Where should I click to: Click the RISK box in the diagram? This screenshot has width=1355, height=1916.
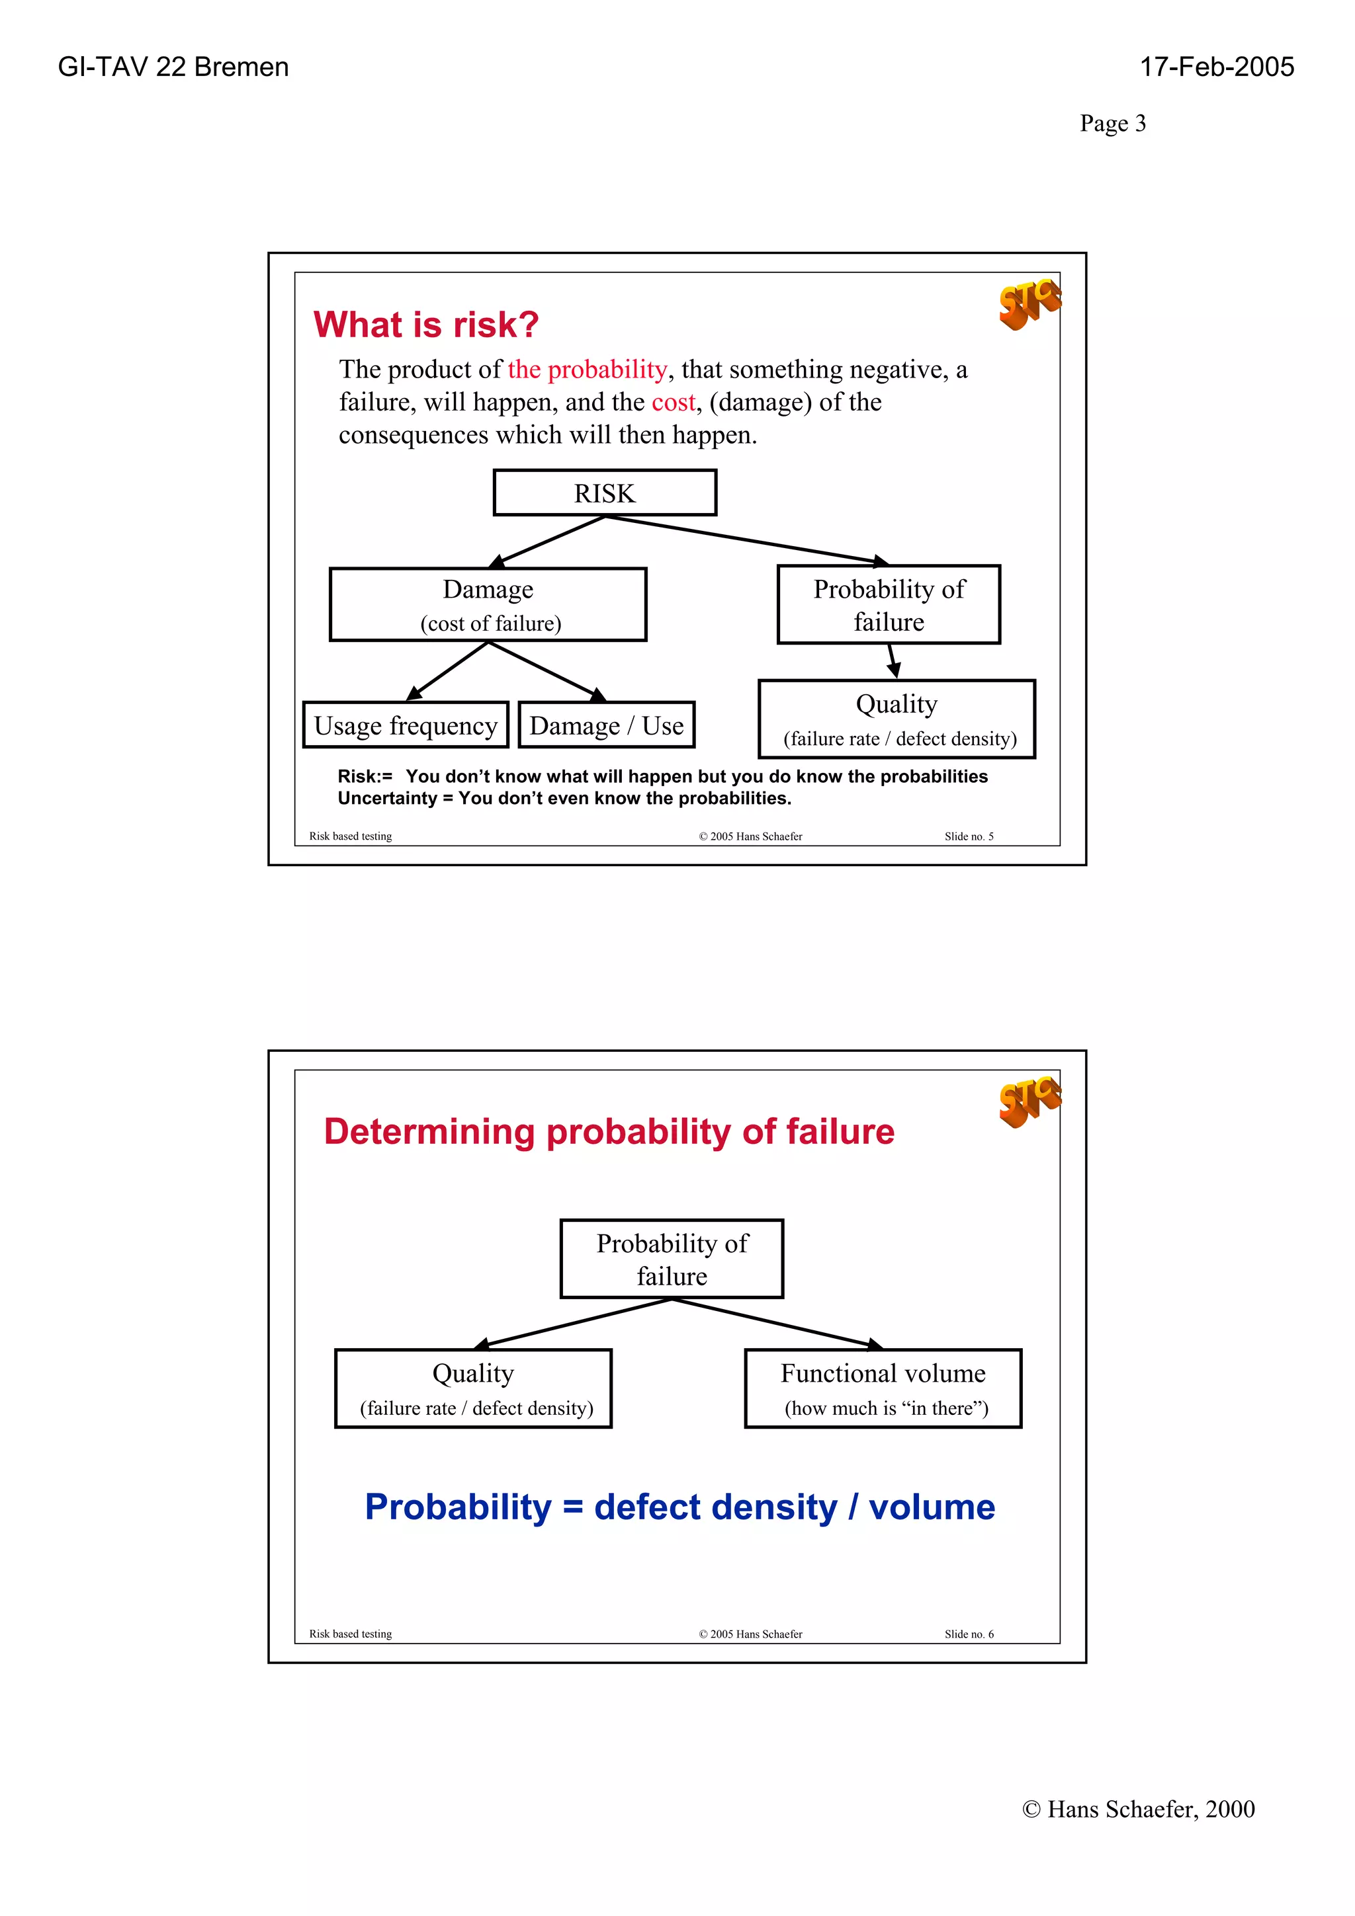coord(605,493)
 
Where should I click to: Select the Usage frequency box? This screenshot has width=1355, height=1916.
coord(406,725)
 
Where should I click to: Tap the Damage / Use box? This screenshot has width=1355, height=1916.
coord(606,725)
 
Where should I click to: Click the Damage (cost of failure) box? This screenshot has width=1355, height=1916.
coord(488,605)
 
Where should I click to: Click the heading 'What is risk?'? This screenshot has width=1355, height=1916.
coord(426,325)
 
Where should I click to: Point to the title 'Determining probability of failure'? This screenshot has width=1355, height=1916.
coord(609,1132)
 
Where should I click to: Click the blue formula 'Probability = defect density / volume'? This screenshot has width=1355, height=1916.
coord(679,1507)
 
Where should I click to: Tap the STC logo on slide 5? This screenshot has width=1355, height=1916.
coord(1029,303)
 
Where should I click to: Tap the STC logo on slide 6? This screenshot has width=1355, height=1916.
coord(1029,1101)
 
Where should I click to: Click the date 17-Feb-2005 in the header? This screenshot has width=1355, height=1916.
coord(1217,67)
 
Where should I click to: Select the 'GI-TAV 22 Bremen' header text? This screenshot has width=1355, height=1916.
coord(173,67)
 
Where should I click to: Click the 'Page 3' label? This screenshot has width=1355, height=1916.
coord(1112,124)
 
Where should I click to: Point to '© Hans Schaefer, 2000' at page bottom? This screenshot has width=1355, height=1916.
coord(1138,1808)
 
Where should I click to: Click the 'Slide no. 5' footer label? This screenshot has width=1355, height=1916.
coord(969,836)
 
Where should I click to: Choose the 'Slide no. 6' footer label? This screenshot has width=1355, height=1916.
coord(969,1634)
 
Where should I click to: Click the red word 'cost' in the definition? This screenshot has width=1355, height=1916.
coord(673,402)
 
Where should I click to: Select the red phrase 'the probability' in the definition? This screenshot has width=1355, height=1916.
coord(587,370)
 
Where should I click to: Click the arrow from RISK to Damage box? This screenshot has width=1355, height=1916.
coord(548,541)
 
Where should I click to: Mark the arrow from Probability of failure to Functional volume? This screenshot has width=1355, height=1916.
coord(777,1324)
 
